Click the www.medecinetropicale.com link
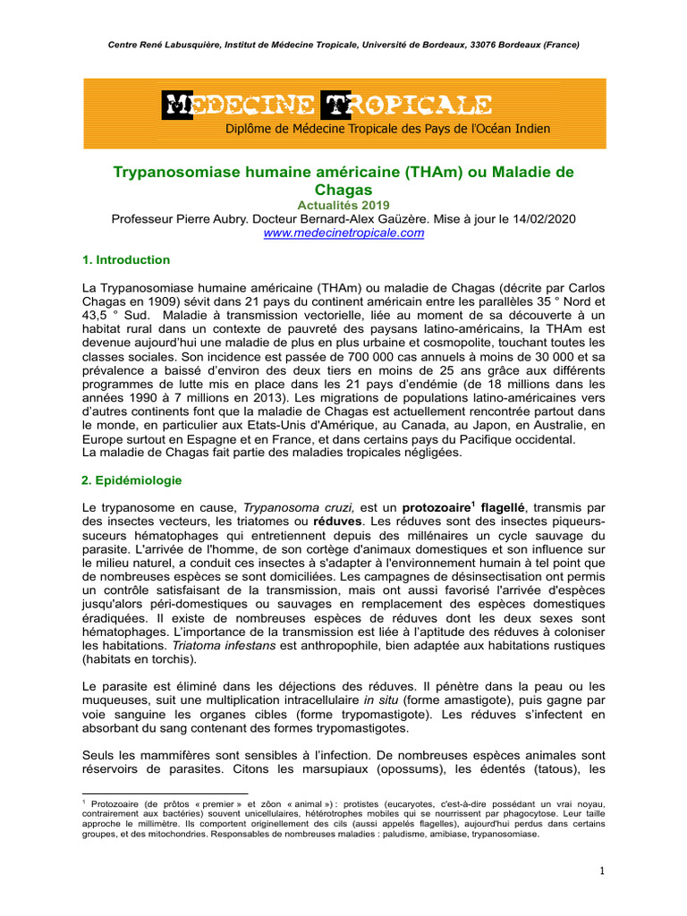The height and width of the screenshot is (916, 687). point(343,233)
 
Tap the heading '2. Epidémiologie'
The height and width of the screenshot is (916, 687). point(131,480)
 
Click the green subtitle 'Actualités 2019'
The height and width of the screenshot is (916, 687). point(343,205)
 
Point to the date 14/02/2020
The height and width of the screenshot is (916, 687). point(544,219)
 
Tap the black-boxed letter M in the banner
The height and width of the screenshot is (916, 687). point(176,105)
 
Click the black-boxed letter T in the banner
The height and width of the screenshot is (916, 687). point(335,105)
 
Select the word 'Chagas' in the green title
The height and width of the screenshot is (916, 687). point(343,190)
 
